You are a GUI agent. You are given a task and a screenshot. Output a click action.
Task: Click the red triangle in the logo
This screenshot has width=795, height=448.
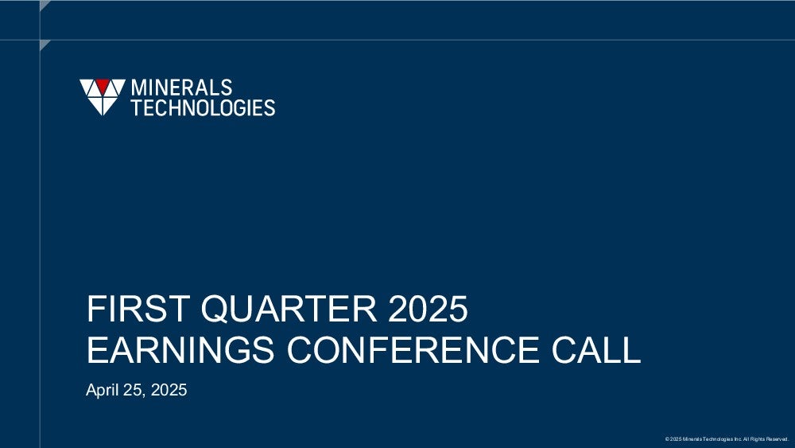pos(103,85)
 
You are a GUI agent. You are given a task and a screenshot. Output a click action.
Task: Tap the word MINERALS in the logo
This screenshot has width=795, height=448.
pos(181,88)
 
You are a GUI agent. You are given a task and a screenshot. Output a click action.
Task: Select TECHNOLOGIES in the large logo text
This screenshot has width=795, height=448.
pos(204,107)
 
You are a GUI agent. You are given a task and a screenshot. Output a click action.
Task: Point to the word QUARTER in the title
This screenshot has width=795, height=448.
pos(289,309)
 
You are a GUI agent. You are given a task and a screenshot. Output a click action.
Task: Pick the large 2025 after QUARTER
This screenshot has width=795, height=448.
pos(428,308)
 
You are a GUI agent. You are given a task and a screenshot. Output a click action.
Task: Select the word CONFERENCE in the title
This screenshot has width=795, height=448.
pos(413,349)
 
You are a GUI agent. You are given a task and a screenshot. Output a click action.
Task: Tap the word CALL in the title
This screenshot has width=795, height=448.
pos(596,349)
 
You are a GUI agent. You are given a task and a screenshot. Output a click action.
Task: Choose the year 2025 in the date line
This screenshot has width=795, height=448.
pos(169,390)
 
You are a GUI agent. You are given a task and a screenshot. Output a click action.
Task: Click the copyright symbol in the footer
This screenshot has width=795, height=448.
pos(667,439)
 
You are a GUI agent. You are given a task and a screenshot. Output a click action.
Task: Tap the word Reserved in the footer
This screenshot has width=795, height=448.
pos(777,439)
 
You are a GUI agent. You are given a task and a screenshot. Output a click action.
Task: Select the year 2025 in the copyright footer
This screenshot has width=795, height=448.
pos(675,439)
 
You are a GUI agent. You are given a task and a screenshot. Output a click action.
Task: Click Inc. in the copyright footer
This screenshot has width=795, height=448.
pos(738,439)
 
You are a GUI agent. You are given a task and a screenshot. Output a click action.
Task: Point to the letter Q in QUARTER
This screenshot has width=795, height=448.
pos(215,309)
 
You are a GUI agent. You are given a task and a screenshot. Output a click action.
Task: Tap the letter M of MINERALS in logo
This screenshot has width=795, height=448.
pos(139,88)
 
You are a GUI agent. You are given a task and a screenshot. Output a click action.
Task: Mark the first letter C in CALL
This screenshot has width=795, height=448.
pos(564,349)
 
